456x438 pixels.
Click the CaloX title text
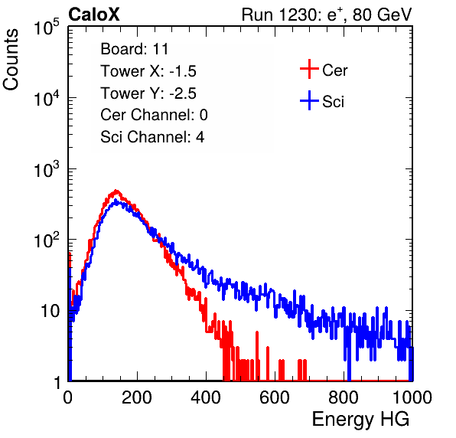click(x=93, y=15)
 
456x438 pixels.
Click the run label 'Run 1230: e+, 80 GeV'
click(x=327, y=15)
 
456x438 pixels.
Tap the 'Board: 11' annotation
click(x=135, y=49)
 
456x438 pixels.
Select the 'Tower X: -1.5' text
click(x=148, y=71)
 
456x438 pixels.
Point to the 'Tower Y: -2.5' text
click(x=148, y=93)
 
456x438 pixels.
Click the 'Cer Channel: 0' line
click(x=154, y=115)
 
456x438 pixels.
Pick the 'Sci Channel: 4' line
click(x=152, y=136)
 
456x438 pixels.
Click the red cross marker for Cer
click(x=309, y=69)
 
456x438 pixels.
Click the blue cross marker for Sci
click(x=309, y=100)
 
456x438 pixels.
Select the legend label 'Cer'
click(x=334, y=70)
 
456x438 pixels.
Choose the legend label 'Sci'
click(x=334, y=102)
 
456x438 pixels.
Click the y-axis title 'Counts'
click(x=11, y=60)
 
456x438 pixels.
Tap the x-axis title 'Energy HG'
click(x=360, y=420)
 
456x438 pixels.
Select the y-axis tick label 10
click(x=50, y=311)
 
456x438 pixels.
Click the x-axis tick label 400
click(x=206, y=397)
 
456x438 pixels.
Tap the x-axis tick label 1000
click(x=412, y=397)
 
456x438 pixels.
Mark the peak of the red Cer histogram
click(x=116, y=191)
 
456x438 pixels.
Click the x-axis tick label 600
click(x=275, y=397)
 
